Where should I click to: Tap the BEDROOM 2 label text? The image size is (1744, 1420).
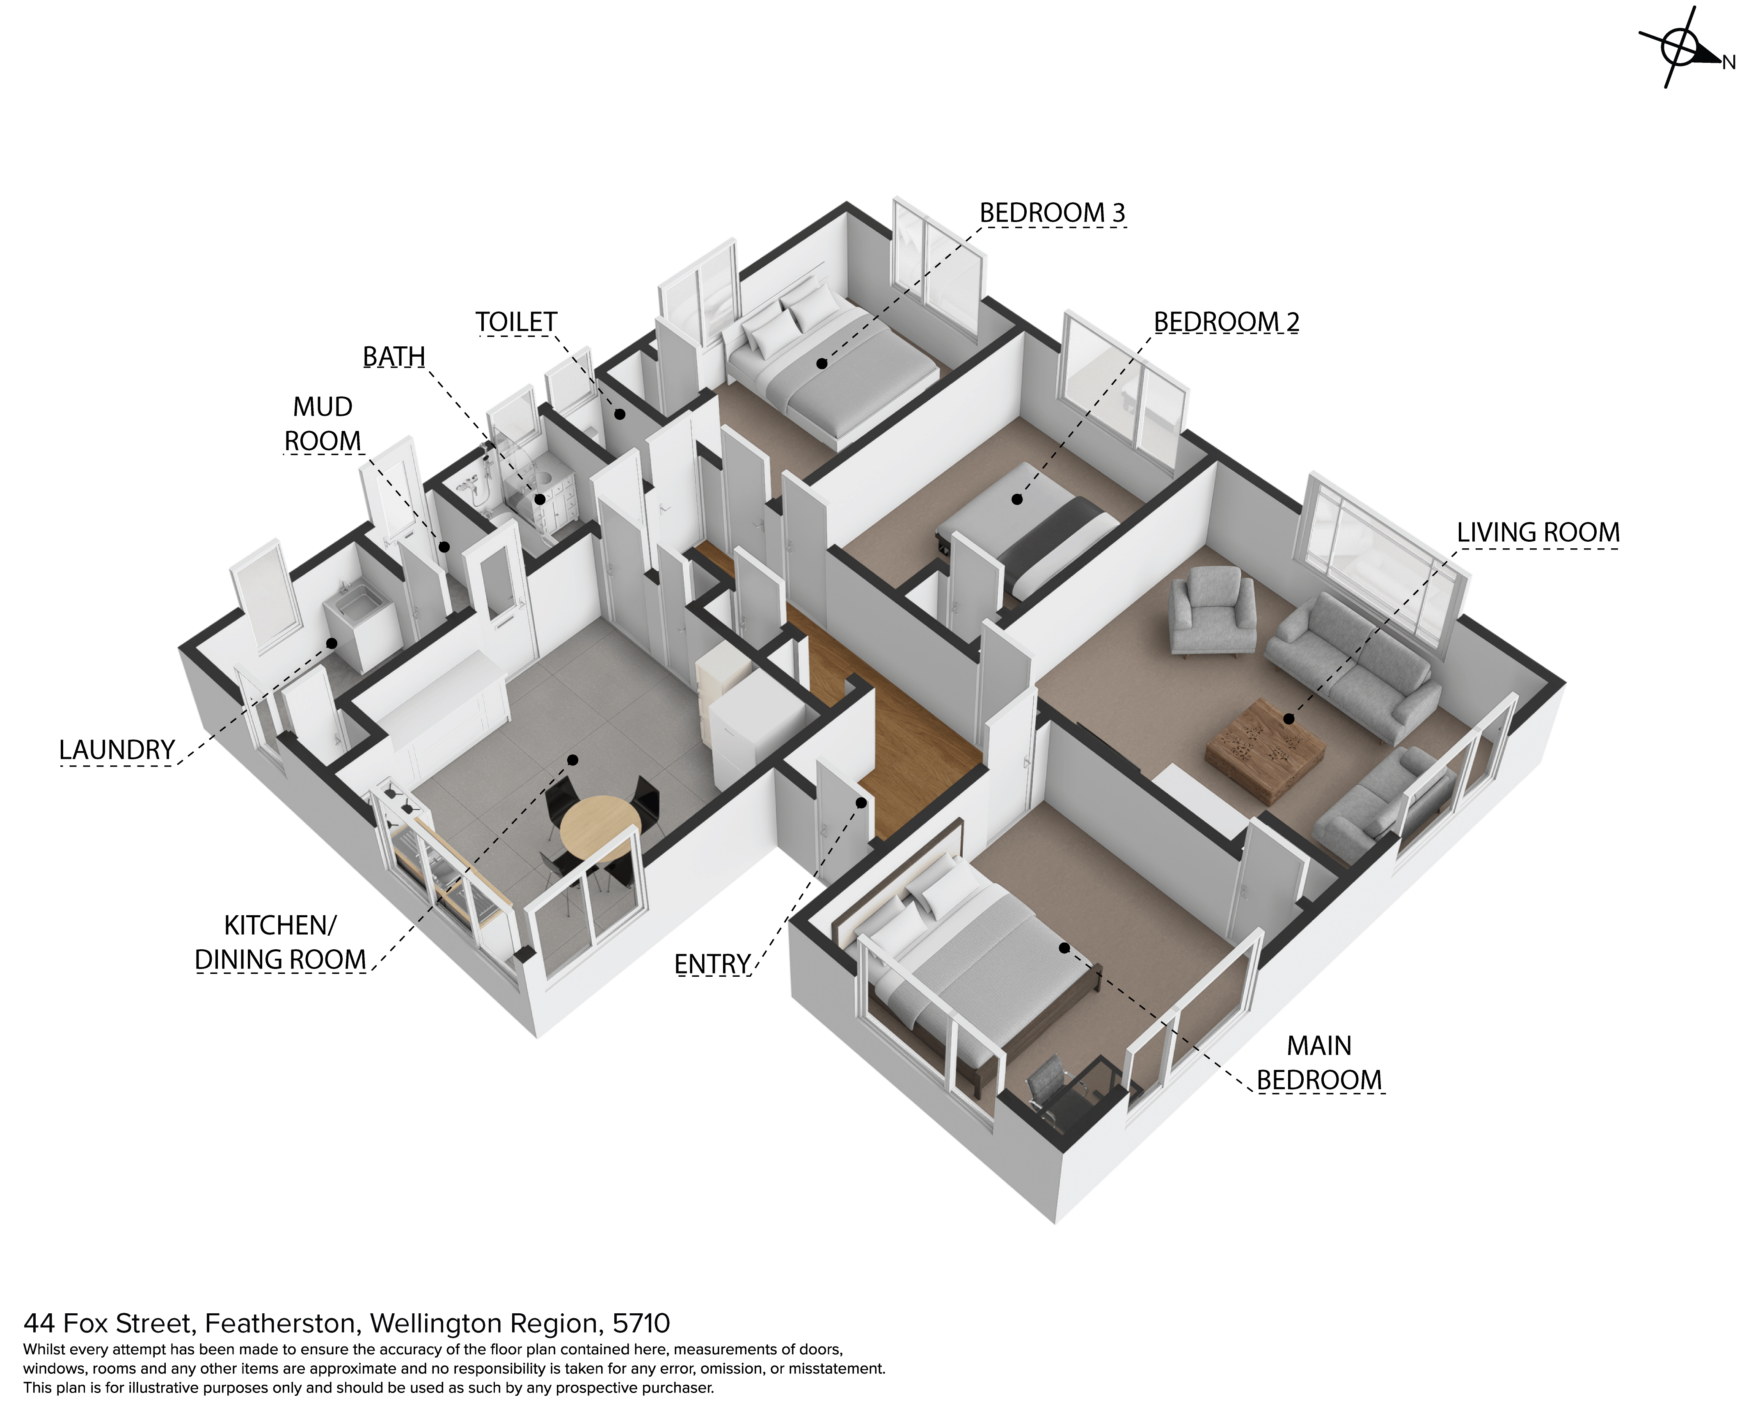click(1226, 322)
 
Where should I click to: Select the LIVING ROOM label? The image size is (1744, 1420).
click(1538, 533)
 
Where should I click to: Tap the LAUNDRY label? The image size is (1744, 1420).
click(117, 750)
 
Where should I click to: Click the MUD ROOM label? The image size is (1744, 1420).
click(322, 424)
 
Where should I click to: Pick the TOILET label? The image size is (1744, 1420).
click(516, 322)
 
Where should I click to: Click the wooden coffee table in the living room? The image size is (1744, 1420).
click(1266, 749)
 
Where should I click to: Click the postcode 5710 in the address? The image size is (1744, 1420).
click(641, 1323)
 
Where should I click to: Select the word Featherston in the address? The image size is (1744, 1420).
click(280, 1323)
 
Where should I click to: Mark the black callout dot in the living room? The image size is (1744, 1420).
click(1289, 719)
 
